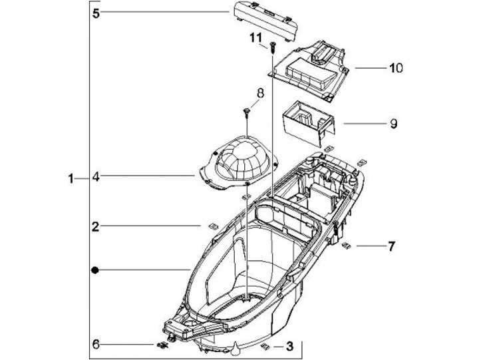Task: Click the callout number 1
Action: [71, 178]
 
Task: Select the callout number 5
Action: [96, 13]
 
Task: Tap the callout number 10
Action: [396, 68]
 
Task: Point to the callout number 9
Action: [393, 124]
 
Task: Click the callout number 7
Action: [391, 246]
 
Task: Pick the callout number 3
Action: [289, 346]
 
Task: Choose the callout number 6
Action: [96, 345]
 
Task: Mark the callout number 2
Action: [96, 226]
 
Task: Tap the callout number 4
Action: [96, 176]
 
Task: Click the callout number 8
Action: [260, 94]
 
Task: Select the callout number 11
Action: [256, 38]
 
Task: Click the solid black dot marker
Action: [96, 270]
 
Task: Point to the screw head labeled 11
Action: [272, 47]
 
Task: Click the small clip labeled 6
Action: [162, 345]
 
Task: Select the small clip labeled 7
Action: [346, 245]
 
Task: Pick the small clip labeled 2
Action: [213, 226]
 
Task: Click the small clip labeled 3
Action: [265, 346]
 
